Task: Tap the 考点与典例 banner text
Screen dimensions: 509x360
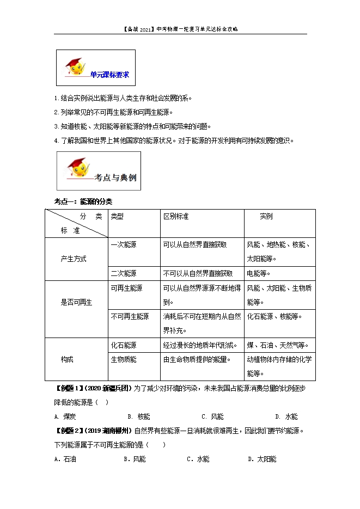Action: coord(115,177)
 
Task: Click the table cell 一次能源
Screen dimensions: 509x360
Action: coord(124,245)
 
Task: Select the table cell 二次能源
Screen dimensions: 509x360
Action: coord(124,273)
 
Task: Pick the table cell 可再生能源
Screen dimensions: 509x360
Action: coord(126,288)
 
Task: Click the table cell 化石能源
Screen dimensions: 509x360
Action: coord(124,345)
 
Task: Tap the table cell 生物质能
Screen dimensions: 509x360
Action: coord(124,359)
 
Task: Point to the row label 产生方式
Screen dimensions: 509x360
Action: coord(74,259)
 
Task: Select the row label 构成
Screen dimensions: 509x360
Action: coord(67,359)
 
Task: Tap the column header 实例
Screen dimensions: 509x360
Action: coord(266,216)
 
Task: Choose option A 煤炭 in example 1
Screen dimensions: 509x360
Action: coord(65,417)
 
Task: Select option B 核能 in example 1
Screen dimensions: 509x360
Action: coord(140,417)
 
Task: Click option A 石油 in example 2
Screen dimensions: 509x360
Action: coord(65,459)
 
